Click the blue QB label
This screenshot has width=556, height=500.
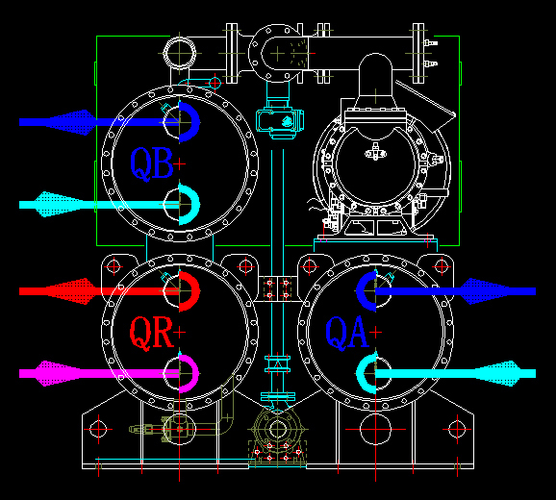coord(152,164)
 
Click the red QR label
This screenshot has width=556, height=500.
coord(152,333)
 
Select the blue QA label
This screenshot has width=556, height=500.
coord(347,333)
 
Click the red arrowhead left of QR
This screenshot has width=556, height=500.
coord(71,291)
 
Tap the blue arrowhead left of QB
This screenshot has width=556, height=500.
coord(71,122)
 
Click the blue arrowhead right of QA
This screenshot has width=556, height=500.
coord(486,291)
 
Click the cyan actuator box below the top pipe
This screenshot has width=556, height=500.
coord(280,121)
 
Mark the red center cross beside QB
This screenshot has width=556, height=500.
coord(179,164)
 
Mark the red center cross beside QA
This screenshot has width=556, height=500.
coord(375,333)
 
